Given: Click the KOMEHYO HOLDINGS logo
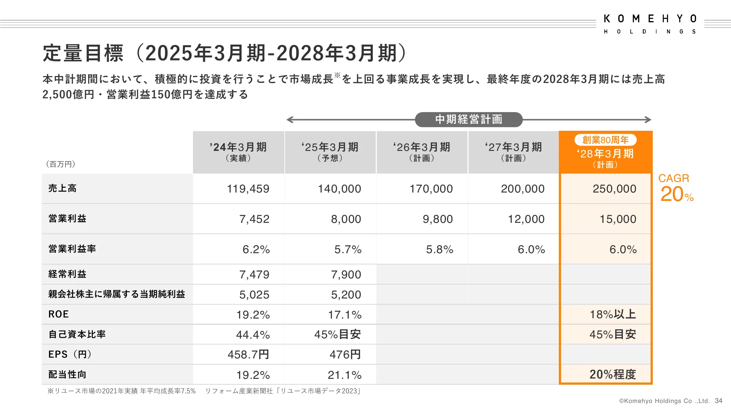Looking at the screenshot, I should pyautogui.click(x=650, y=24).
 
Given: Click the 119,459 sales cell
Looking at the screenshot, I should pyautogui.click(x=248, y=189).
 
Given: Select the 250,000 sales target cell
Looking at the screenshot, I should pyautogui.click(x=614, y=189).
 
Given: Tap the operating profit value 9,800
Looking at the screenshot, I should pyautogui.click(x=438, y=219).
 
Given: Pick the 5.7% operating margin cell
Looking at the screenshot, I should pyautogui.click(x=348, y=250).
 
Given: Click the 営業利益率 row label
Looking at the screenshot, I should pyautogui.click(x=72, y=249).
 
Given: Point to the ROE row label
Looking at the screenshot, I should pyautogui.click(x=58, y=314).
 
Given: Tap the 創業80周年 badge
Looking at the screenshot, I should pyautogui.click(x=605, y=140).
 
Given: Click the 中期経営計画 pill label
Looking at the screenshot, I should pyautogui.click(x=469, y=119).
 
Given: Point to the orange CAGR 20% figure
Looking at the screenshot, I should pyautogui.click(x=676, y=189).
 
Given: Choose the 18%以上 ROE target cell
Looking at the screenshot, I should pyautogui.click(x=613, y=314).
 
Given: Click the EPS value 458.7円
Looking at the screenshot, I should pyautogui.click(x=248, y=354).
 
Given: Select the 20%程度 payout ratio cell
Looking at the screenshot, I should pyautogui.click(x=613, y=374).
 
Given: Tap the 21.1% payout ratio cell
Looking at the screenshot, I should pyautogui.click(x=344, y=375).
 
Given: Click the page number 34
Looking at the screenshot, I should pyautogui.click(x=719, y=401).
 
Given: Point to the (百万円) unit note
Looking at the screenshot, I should pyautogui.click(x=61, y=164).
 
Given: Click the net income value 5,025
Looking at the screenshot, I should pyautogui.click(x=254, y=294).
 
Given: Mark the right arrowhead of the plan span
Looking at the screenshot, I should pyautogui.click(x=648, y=119).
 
